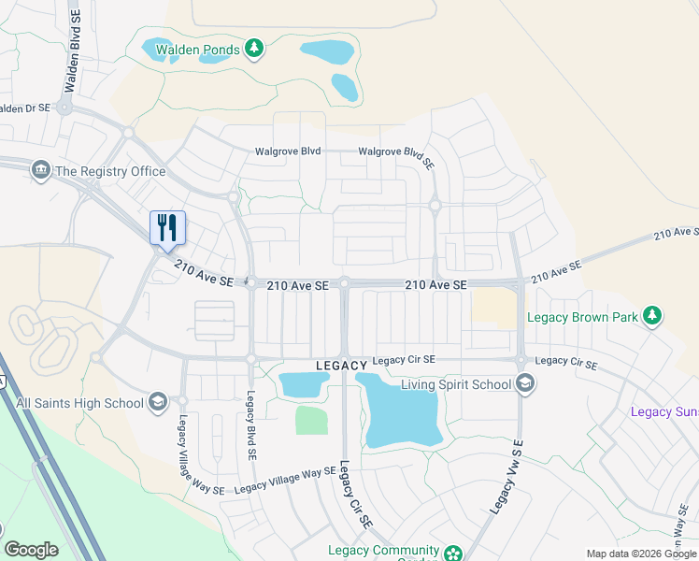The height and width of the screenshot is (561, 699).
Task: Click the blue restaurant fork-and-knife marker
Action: coord(168,227)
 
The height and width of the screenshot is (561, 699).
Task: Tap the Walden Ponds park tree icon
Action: coord(253,49)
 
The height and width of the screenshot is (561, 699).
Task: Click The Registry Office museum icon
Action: coord(41,170)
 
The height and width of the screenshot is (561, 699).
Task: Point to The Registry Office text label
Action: coord(110,171)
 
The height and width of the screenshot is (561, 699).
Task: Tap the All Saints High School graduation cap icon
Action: coord(158,403)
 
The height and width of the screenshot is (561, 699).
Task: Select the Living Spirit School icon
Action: coord(525,383)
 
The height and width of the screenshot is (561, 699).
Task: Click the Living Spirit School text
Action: coord(456,384)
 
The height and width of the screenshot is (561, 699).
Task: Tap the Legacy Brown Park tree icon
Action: coord(652,317)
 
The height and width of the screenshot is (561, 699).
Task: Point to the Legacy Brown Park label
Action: coord(582,318)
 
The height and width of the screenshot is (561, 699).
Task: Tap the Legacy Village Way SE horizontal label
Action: coord(284,481)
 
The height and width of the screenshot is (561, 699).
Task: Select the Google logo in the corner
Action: coord(31,550)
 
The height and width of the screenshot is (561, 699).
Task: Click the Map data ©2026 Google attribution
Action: coord(641,554)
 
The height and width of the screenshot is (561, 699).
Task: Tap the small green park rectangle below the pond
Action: coord(312,420)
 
